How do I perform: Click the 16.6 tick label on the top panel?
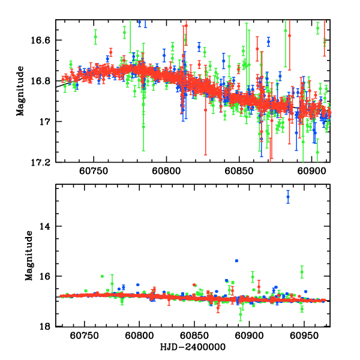tap(43, 40)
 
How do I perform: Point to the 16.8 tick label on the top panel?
tap(43, 81)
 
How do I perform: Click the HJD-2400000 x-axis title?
tap(193, 347)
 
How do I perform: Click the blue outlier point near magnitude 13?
tap(288, 196)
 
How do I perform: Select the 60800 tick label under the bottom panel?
tap(139, 335)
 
